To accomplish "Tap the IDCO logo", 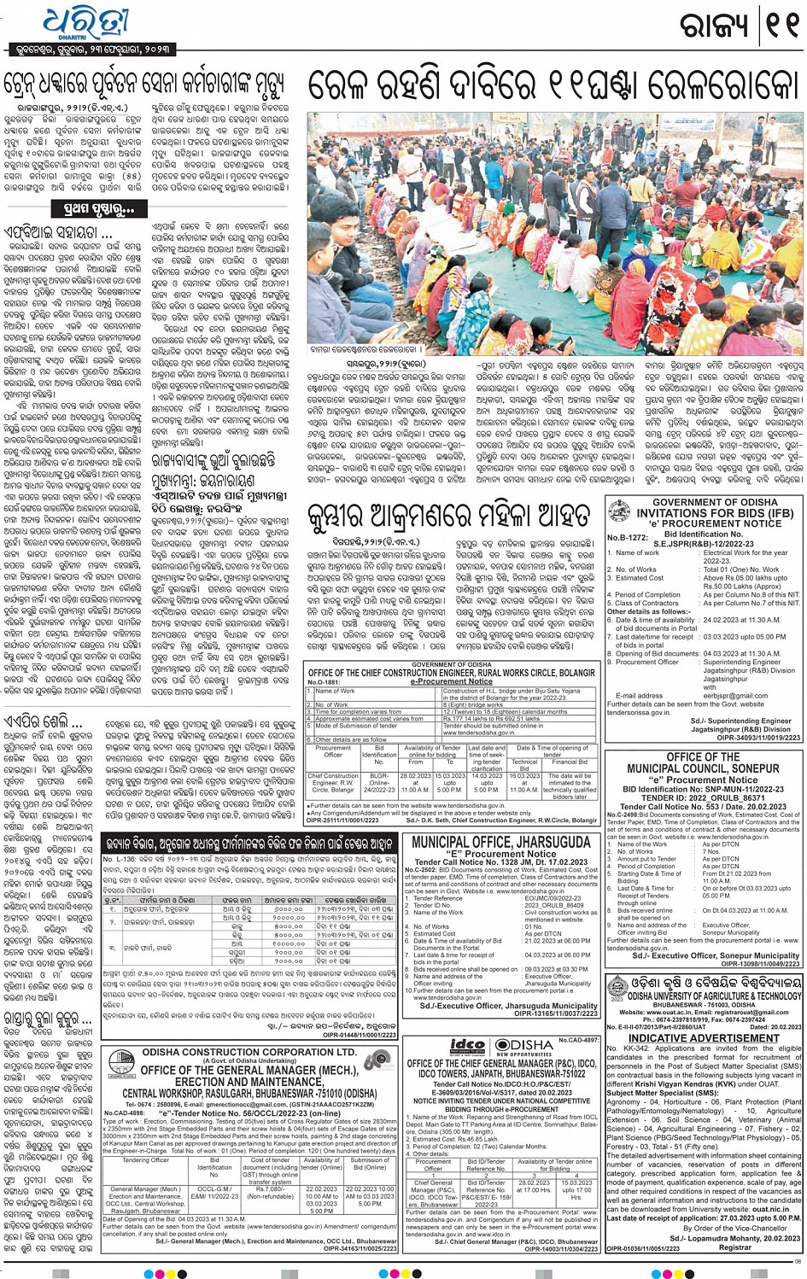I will click(x=467, y=1046).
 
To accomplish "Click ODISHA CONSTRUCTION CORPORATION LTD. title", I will click(x=249, y=1052).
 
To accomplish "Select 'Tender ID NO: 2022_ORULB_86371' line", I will click(x=704, y=797).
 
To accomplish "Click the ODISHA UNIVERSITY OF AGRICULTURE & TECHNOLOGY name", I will click(x=714, y=996).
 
